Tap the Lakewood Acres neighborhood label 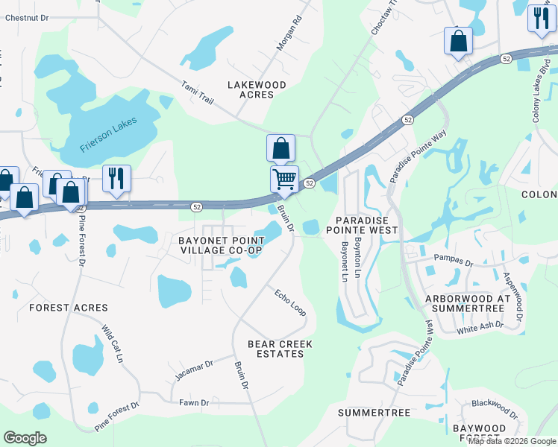pos(257,90)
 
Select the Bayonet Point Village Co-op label pos(221,245)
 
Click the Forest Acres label pos(68,308)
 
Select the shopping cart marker pos(283,179)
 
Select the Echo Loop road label pos(290,301)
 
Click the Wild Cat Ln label pos(113,343)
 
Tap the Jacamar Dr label pos(195,369)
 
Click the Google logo pos(25,438)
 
